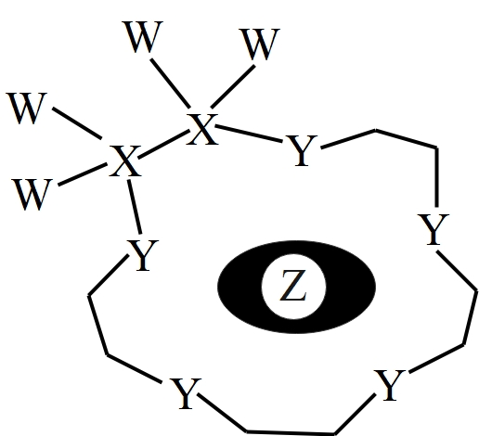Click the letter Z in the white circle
[x=293, y=285]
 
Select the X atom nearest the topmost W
[x=202, y=129]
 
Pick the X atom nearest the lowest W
[x=124, y=161]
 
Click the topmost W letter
[x=142, y=36]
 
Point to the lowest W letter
[x=32, y=195]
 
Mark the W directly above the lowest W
[x=26, y=109]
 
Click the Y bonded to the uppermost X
[x=301, y=150]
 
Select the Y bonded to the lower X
[x=143, y=255]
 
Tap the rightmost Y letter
[x=434, y=229]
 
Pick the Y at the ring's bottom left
[x=186, y=393]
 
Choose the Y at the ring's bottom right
[x=389, y=385]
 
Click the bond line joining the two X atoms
[x=163, y=145]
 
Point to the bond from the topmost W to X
[x=170, y=83]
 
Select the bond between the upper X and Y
[x=249, y=134]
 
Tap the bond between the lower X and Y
[x=135, y=207]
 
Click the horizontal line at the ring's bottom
[x=291, y=431]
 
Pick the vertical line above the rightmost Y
[x=436, y=177]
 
